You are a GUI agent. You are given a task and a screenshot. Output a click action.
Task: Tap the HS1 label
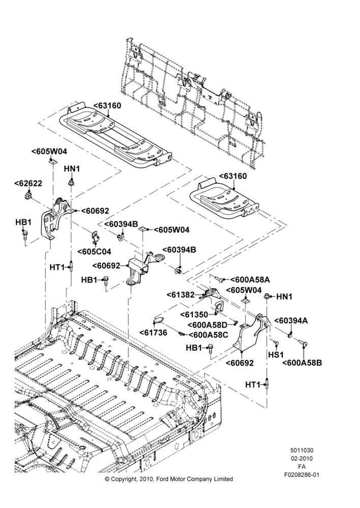click(276, 355)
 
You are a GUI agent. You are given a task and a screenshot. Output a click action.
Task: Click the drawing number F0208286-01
click(302, 475)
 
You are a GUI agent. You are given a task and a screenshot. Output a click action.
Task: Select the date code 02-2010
click(302, 458)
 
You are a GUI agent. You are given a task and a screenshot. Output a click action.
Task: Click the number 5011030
click(302, 450)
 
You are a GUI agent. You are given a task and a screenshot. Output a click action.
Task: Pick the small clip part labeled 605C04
click(95, 237)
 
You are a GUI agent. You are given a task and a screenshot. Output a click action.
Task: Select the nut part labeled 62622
click(28, 196)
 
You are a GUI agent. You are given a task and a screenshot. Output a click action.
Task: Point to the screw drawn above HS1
click(276, 342)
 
